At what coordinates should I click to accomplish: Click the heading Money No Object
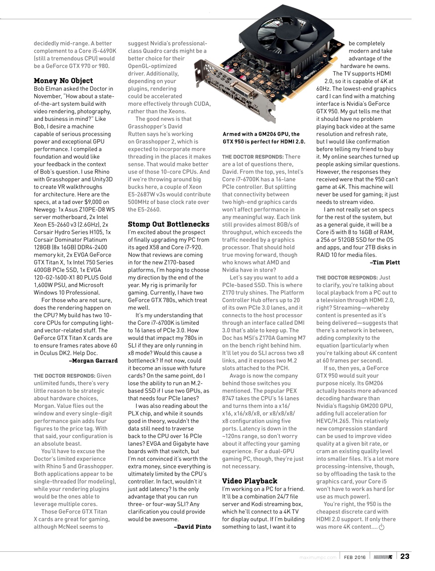pos(63,81)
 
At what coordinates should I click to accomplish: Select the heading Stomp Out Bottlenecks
pos(169,224)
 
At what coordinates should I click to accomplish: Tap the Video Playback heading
pos(249,481)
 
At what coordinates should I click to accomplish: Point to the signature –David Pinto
pos(192,527)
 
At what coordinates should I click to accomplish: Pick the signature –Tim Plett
pos(385,263)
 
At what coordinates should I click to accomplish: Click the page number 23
pos(404,556)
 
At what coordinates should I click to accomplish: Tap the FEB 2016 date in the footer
pos(355,557)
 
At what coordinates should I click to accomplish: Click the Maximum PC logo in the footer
pos(383,557)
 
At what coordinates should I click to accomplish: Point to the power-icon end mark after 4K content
pos(381,527)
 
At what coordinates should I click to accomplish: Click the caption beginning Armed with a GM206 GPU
pos(264,138)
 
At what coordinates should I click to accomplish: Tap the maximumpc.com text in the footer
pos(317,557)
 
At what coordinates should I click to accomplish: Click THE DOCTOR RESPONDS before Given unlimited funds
pos(64,376)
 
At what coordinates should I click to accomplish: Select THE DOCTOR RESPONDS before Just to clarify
pos(346,277)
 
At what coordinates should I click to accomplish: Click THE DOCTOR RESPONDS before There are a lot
pos(253,157)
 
